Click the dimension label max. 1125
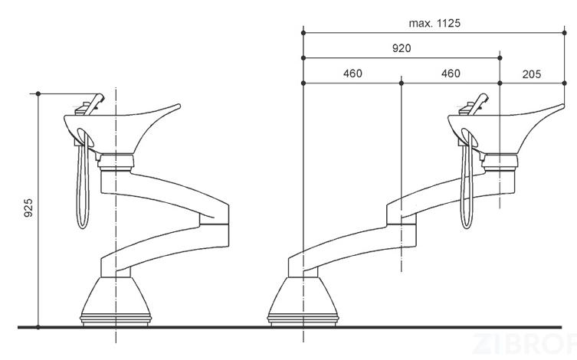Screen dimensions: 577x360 434,23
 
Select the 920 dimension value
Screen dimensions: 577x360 402,48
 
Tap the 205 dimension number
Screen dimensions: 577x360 532,74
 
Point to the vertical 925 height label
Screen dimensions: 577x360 28,208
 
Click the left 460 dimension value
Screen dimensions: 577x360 352,74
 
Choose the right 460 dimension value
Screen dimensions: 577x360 451,74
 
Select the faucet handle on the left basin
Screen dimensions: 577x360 94,104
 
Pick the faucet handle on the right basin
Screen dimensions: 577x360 478,104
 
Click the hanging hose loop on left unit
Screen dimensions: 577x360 83,184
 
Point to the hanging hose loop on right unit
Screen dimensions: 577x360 467,184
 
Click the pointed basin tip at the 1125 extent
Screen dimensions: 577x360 562,106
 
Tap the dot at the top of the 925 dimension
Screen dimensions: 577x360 38,93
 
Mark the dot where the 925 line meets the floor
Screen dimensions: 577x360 38,327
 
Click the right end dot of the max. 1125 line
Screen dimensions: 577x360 565,33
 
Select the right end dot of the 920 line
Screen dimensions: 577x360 500,58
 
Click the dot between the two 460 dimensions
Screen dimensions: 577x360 402,83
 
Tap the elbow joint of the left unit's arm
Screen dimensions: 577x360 215,224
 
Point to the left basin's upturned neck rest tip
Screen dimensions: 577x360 179,106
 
